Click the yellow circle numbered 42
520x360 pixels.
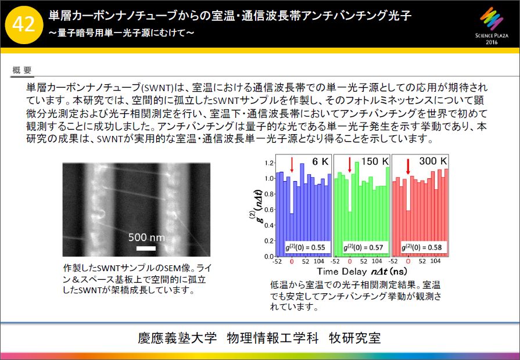click(24, 24)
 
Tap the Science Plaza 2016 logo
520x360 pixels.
click(492, 26)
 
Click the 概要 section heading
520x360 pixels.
click(22, 70)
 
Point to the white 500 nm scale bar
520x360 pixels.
click(146, 248)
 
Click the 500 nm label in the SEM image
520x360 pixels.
click(146, 237)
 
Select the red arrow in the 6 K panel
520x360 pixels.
click(292, 164)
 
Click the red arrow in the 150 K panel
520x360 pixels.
click(350, 164)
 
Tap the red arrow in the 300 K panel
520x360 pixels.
click(408, 166)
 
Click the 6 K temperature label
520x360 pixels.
click(320, 161)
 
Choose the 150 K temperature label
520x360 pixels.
click(375, 161)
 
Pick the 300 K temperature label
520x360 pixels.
click(433, 161)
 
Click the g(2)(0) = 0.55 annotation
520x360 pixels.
click(305, 247)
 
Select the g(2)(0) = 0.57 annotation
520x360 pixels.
click(363, 247)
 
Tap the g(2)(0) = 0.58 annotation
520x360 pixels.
click(421, 247)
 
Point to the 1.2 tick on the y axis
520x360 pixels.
click(269, 163)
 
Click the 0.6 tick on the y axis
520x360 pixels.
click(269, 210)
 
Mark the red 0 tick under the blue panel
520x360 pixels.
click(292, 261)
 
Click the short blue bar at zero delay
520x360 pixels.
click(292, 235)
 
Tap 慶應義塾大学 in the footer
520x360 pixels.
click(177, 338)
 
